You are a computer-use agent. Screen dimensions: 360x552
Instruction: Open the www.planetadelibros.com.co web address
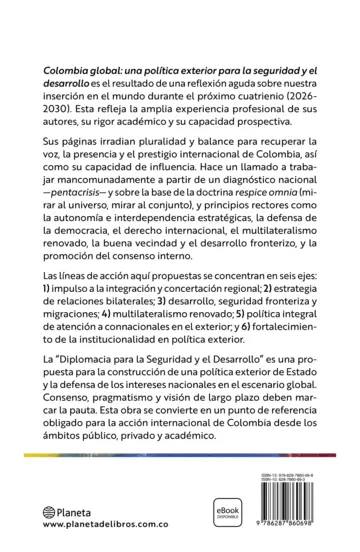[x=105, y=524]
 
